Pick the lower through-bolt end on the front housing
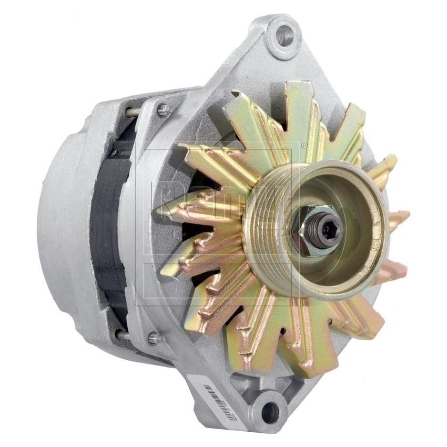[x=154, y=338]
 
